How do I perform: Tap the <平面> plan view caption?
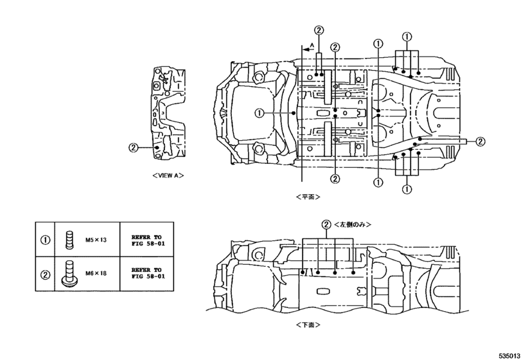point(308,196)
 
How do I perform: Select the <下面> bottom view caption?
point(308,325)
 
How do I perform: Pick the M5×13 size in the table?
point(95,240)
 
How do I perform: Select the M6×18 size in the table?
point(95,273)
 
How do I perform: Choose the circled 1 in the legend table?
point(46,240)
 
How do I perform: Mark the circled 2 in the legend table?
point(46,274)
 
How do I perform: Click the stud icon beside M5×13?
point(69,240)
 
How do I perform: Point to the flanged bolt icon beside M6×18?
point(69,273)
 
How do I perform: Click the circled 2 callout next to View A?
point(133,147)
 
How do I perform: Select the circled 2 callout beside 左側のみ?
point(327,224)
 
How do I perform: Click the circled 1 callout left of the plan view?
point(259,113)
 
